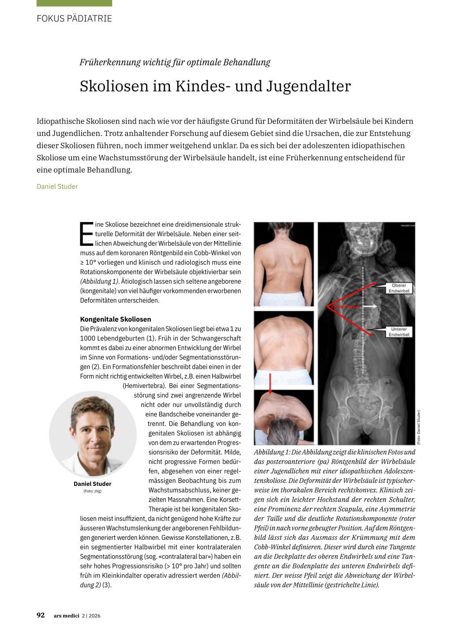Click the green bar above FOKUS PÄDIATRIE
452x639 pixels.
[x=74, y=3]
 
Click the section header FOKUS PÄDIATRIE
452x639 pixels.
[x=74, y=19]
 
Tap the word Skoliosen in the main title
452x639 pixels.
[x=114, y=86]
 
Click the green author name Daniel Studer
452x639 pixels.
[x=57, y=186]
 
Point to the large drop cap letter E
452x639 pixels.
[x=87, y=234]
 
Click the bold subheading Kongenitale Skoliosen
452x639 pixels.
[x=116, y=319]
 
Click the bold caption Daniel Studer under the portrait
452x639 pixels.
[x=93, y=484]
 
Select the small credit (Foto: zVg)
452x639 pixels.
[x=93, y=491]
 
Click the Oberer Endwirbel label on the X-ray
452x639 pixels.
[x=399, y=288]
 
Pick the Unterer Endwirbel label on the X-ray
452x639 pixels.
[x=399, y=332]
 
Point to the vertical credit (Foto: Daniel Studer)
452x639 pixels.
[x=419, y=427]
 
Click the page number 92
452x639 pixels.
[x=41, y=615]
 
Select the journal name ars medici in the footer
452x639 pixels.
[x=66, y=616]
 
